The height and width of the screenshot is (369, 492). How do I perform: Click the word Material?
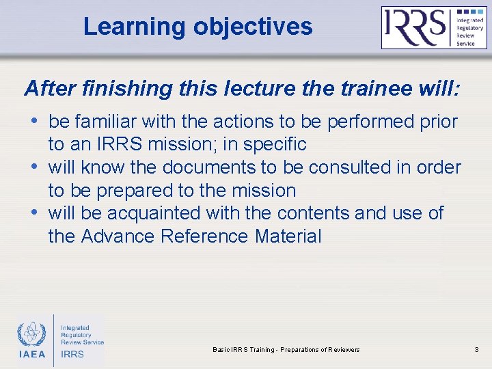point(288,236)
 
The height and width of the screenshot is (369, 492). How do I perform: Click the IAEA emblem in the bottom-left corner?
point(31,335)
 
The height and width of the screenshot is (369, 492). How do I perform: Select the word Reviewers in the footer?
point(341,350)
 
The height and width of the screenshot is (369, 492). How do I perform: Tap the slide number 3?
point(476,350)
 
